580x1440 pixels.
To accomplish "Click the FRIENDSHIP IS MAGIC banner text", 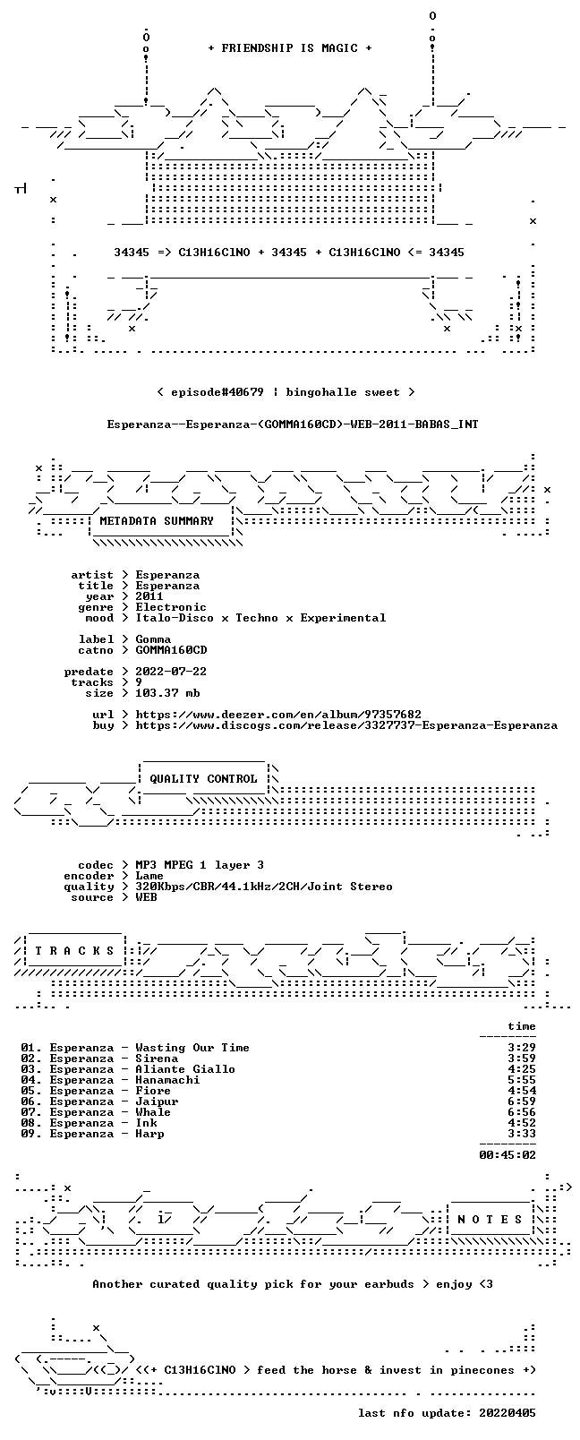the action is click(x=290, y=48).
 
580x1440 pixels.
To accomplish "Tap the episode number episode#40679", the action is click(x=217, y=392).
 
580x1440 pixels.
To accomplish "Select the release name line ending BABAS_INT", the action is click(x=293, y=424).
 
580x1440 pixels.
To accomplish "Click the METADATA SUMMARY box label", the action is click(x=157, y=520).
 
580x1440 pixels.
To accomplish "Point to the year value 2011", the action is click(x=149, y=596).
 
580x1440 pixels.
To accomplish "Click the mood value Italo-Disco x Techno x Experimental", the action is click(x=260, y=618).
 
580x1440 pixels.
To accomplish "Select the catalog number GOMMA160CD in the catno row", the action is click(x=171, y=650).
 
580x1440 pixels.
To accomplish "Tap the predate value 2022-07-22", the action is click(x=171, y=671).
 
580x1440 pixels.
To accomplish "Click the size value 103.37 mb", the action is click(x=167, y=693).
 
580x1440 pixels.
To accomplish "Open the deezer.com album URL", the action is click(x=278, y=715).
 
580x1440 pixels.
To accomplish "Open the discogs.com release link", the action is click(x=346, y=725).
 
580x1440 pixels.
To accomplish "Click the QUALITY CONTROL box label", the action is click(x=203, y=779).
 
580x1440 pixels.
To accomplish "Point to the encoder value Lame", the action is click(x=149, y=876).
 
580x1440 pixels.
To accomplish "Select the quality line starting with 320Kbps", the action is click(x=264, y=887).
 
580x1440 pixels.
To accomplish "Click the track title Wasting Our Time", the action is click(x=192, y=1048).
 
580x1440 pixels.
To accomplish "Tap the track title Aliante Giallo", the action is click(x=185, y=1069).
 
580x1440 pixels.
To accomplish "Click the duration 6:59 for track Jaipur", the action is click(x=522, y=1101).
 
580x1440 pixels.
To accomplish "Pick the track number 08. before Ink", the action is click(x=31, y=1123).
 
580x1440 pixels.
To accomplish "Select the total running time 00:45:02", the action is click(x=507, y=1155).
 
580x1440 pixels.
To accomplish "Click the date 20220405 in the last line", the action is click(x=507, y=1413).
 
